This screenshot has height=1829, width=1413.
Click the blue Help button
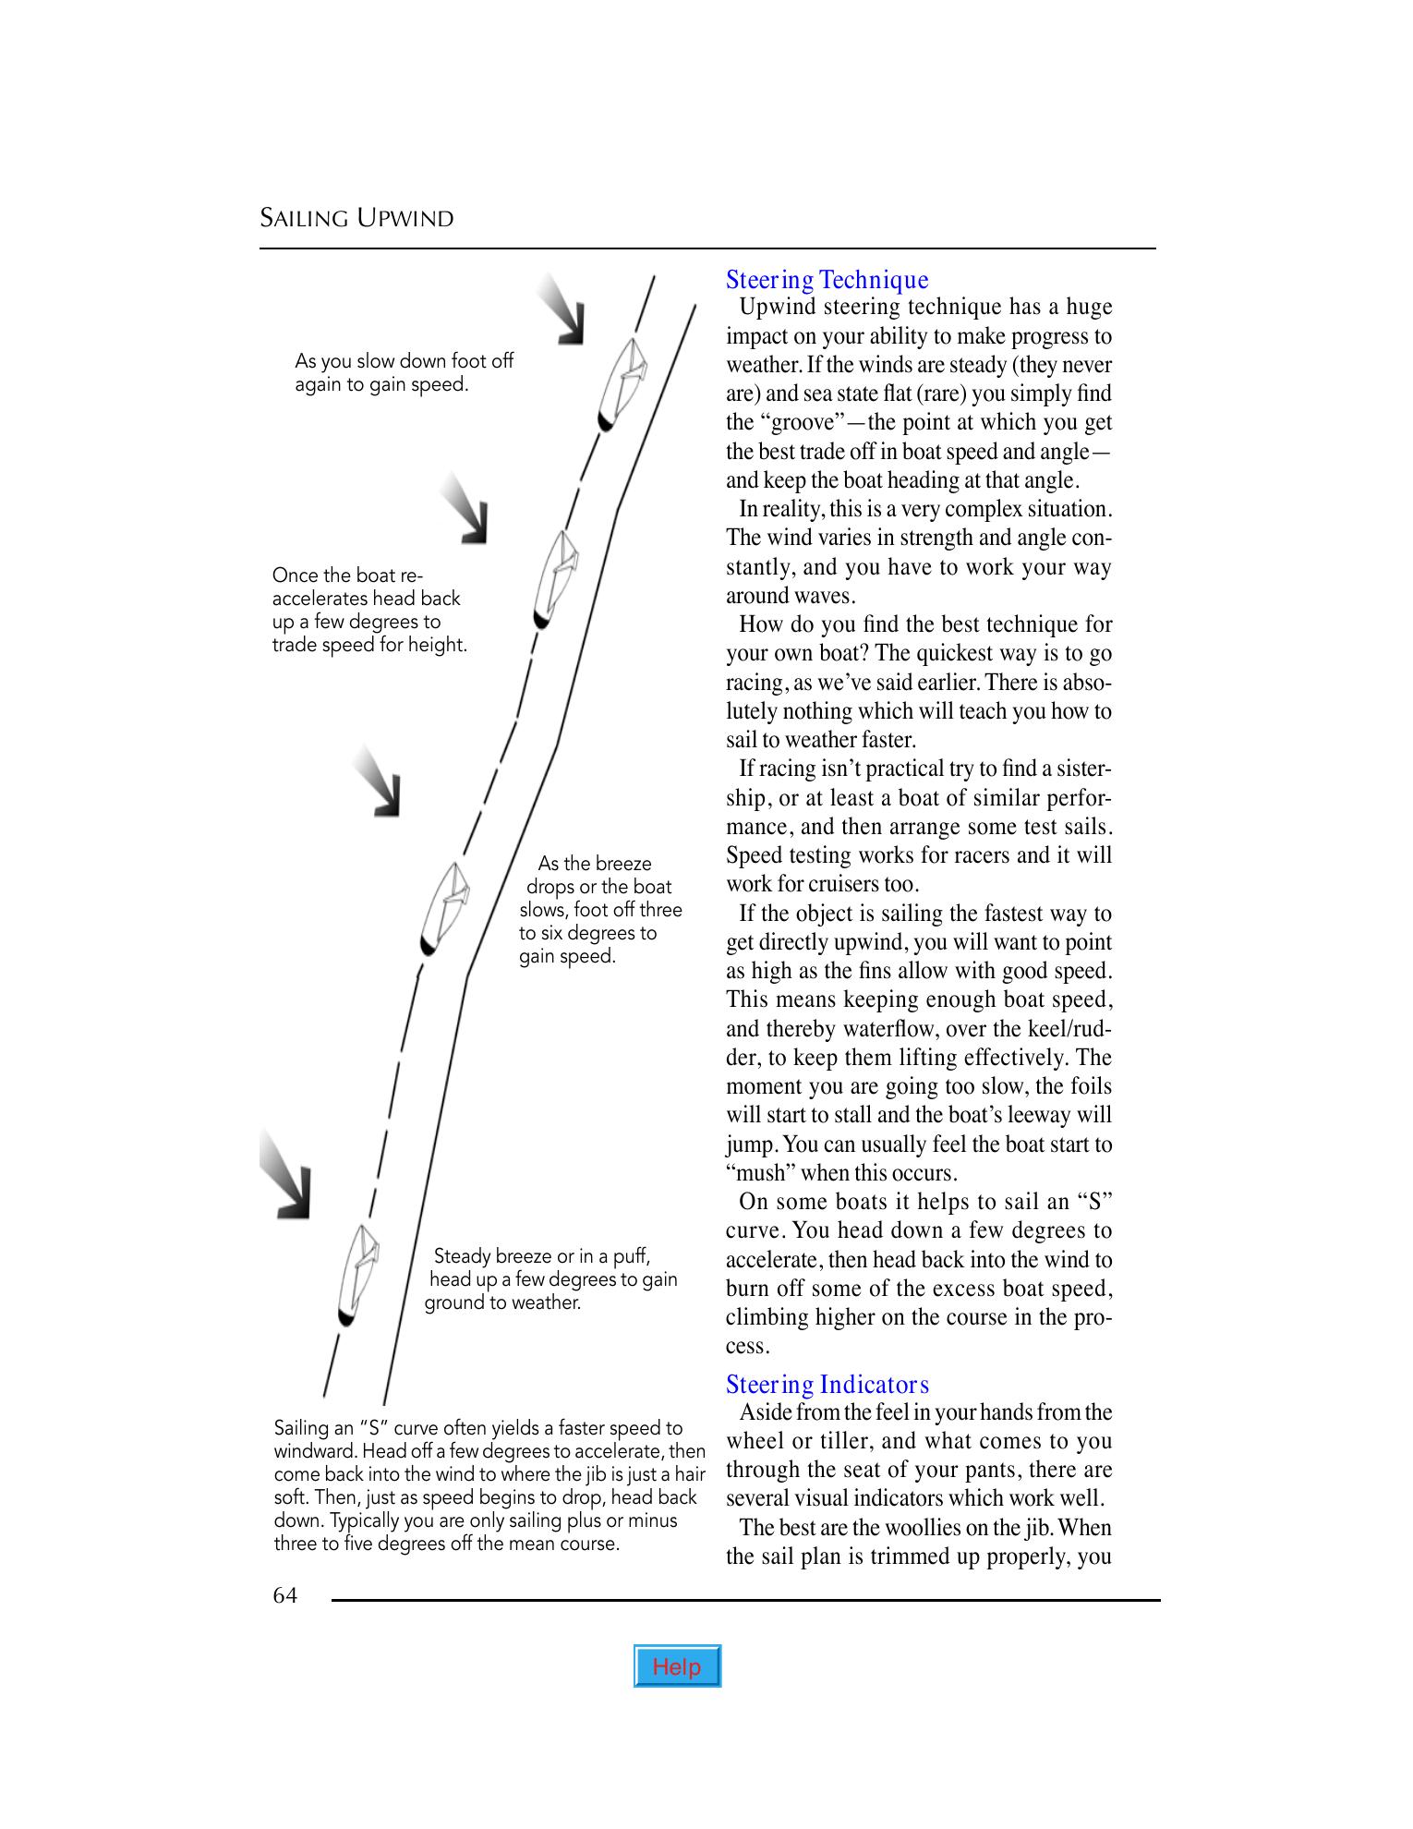[677, 1665]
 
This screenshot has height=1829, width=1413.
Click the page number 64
[284, 1595]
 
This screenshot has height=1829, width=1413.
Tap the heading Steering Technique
[827, 279]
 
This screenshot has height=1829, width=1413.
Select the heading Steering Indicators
[827, 1384]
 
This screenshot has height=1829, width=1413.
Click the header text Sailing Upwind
[356, 219]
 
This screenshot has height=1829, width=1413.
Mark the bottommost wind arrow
[286, 1175]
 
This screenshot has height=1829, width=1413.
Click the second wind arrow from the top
[465, 509]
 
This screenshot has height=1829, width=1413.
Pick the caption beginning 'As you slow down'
[404, 372]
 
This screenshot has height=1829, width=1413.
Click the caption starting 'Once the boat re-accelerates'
[369, 610]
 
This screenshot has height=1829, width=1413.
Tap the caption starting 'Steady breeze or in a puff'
[551, 1279]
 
